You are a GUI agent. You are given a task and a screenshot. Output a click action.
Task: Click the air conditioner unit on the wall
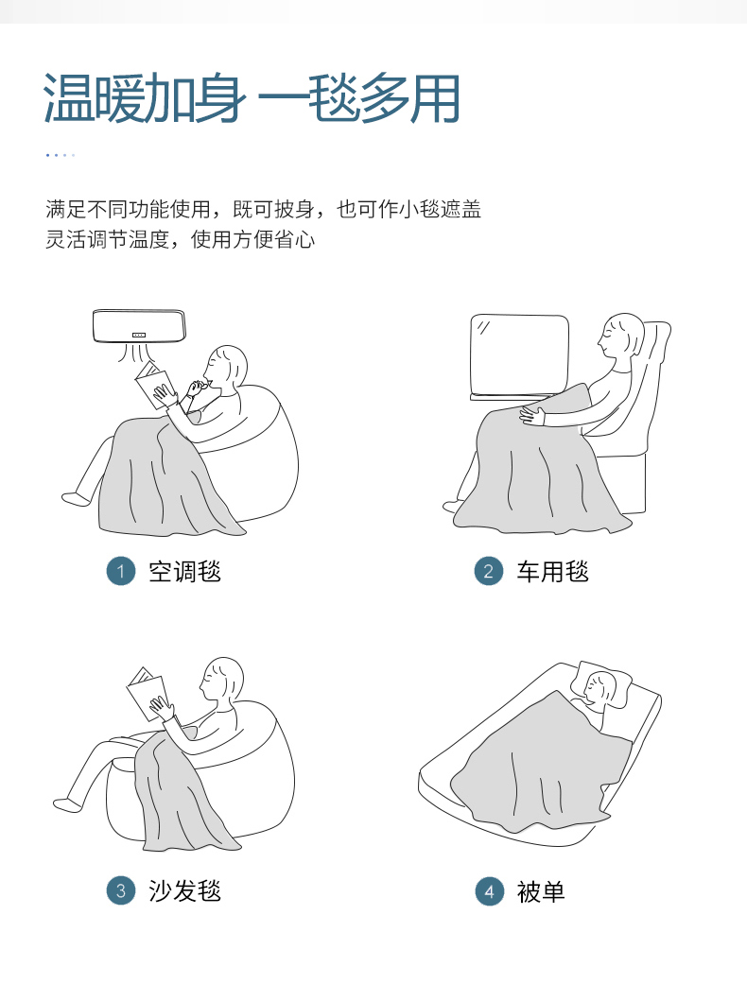point(139,326)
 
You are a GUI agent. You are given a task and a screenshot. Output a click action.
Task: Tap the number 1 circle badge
point(121,571)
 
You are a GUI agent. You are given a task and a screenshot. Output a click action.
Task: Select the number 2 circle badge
point(489,571)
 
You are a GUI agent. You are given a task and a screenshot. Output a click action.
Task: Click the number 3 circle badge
point(121,890)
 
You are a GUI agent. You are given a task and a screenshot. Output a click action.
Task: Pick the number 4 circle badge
point(490,891)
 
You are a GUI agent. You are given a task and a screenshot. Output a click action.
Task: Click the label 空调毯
point(184,572)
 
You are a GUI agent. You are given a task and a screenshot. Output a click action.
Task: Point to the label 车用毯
point(553,572)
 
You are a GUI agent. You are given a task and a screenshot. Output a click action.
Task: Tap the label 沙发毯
point(184,891)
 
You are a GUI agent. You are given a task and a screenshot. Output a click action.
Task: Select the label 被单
point(541,891)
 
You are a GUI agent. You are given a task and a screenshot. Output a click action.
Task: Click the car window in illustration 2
point(520,355)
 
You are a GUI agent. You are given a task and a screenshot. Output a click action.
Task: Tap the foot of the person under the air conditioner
point(77,499)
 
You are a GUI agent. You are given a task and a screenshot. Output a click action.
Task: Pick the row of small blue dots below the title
point(61,155)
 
